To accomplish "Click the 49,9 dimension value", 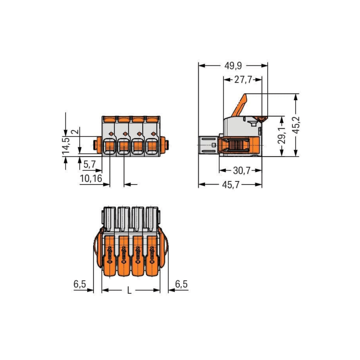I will coord(233,66).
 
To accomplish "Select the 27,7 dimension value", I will coord(243,80).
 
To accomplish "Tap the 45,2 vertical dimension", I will coord(297,125).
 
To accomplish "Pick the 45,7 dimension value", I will coord(231,185).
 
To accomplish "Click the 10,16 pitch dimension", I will coord(91,179).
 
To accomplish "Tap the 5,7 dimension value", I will coord(89,163).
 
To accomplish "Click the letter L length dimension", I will coord(129,290).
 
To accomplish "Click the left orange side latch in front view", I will coord(96,144).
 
